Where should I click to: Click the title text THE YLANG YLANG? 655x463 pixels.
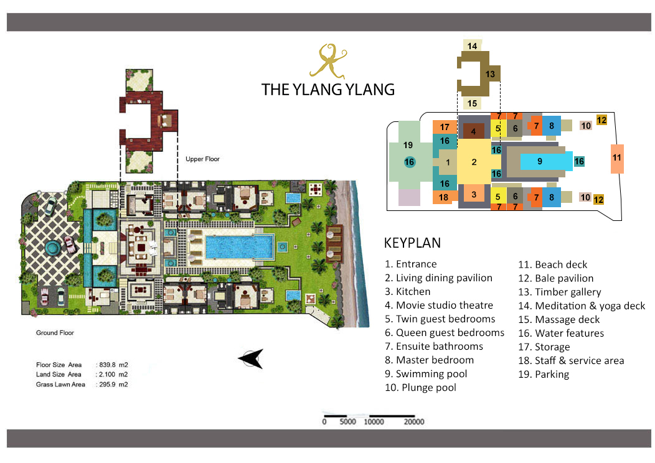[328, 89]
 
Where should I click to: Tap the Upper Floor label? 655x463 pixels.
[202, 159]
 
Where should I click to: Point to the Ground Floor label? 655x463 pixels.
[55, 333]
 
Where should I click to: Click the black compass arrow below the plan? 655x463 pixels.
[251, 359]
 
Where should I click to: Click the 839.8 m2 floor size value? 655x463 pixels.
[113, 365]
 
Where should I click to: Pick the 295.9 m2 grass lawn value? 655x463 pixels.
[113, 385]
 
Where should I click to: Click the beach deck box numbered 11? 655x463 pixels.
[616, 157]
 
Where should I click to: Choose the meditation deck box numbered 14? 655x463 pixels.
[473, 46]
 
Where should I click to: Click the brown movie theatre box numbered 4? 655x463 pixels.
[474, 131]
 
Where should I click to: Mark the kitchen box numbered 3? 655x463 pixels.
[474, 194]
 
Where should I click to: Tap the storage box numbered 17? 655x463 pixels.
[445, 127]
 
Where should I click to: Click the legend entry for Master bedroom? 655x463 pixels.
[429, 360]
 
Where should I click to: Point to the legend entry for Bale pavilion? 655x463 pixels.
[555, 278]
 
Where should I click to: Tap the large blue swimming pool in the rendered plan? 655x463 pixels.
[238, 247]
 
